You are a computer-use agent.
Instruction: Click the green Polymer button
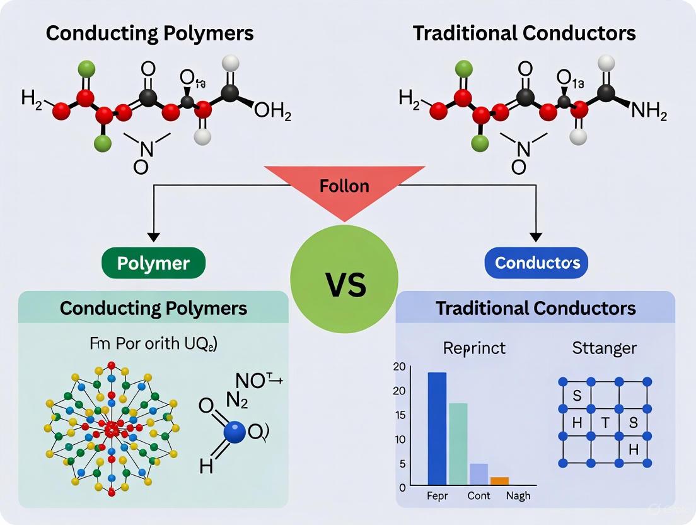153,263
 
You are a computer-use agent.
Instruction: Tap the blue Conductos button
536,263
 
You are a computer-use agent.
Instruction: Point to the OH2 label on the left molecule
272,113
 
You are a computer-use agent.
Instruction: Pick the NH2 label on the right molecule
649,113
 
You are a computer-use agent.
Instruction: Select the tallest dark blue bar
437,428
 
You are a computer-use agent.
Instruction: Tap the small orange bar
499,481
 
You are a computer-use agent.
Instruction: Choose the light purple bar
478,474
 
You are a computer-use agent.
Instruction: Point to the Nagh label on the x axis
518,496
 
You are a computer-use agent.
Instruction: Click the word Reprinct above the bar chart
474,348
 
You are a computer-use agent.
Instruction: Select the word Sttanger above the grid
605,348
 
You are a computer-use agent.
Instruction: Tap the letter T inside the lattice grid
605,423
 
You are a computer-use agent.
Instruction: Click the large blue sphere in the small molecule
235,432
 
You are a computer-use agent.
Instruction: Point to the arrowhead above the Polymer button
153,238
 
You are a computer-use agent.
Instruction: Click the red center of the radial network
112,430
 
